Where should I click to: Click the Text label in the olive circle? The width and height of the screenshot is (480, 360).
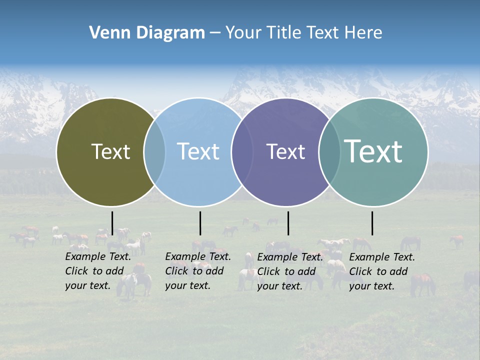point(110,151)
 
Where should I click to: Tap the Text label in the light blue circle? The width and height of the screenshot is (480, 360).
point(198,151)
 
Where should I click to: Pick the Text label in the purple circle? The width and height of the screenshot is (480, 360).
point(285,151)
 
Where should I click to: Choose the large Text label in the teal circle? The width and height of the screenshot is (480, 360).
point(373,151)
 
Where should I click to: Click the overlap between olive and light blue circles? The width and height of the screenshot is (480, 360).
point(154,152)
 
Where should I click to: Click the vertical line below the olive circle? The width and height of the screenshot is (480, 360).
point(112,223)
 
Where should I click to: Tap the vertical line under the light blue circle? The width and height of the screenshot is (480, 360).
point(200,223)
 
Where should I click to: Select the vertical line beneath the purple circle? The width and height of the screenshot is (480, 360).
point(288,223)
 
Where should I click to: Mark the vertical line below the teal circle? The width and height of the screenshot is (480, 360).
point(372,223)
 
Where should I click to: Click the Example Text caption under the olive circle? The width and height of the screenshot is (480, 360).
point(98,271)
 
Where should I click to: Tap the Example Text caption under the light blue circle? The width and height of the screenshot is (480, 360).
point(198,271)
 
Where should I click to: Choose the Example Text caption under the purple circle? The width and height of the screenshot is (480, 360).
point(290,271)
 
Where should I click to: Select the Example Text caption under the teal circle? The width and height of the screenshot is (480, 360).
point(382,271)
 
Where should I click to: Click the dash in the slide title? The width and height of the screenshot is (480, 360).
point(215,33)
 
